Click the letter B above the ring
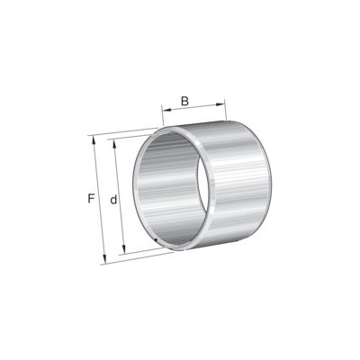click(184, 101)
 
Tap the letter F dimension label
click(91, 199)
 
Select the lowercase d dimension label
click(113, 200)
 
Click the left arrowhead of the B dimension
click(166, 110)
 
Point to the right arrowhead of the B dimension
click(220, 104)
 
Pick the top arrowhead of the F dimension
click(94, 140)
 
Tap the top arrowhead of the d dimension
click(114, 144)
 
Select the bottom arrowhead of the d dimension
click(123, 250)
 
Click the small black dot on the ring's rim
click(156, 239)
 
